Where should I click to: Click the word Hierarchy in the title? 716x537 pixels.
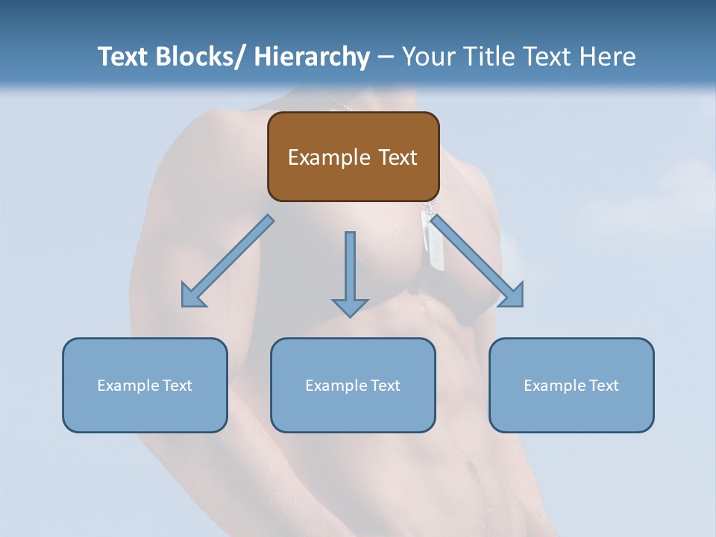click(x=312, y=57)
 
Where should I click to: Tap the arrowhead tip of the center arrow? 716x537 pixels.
click(x=350, y=315)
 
